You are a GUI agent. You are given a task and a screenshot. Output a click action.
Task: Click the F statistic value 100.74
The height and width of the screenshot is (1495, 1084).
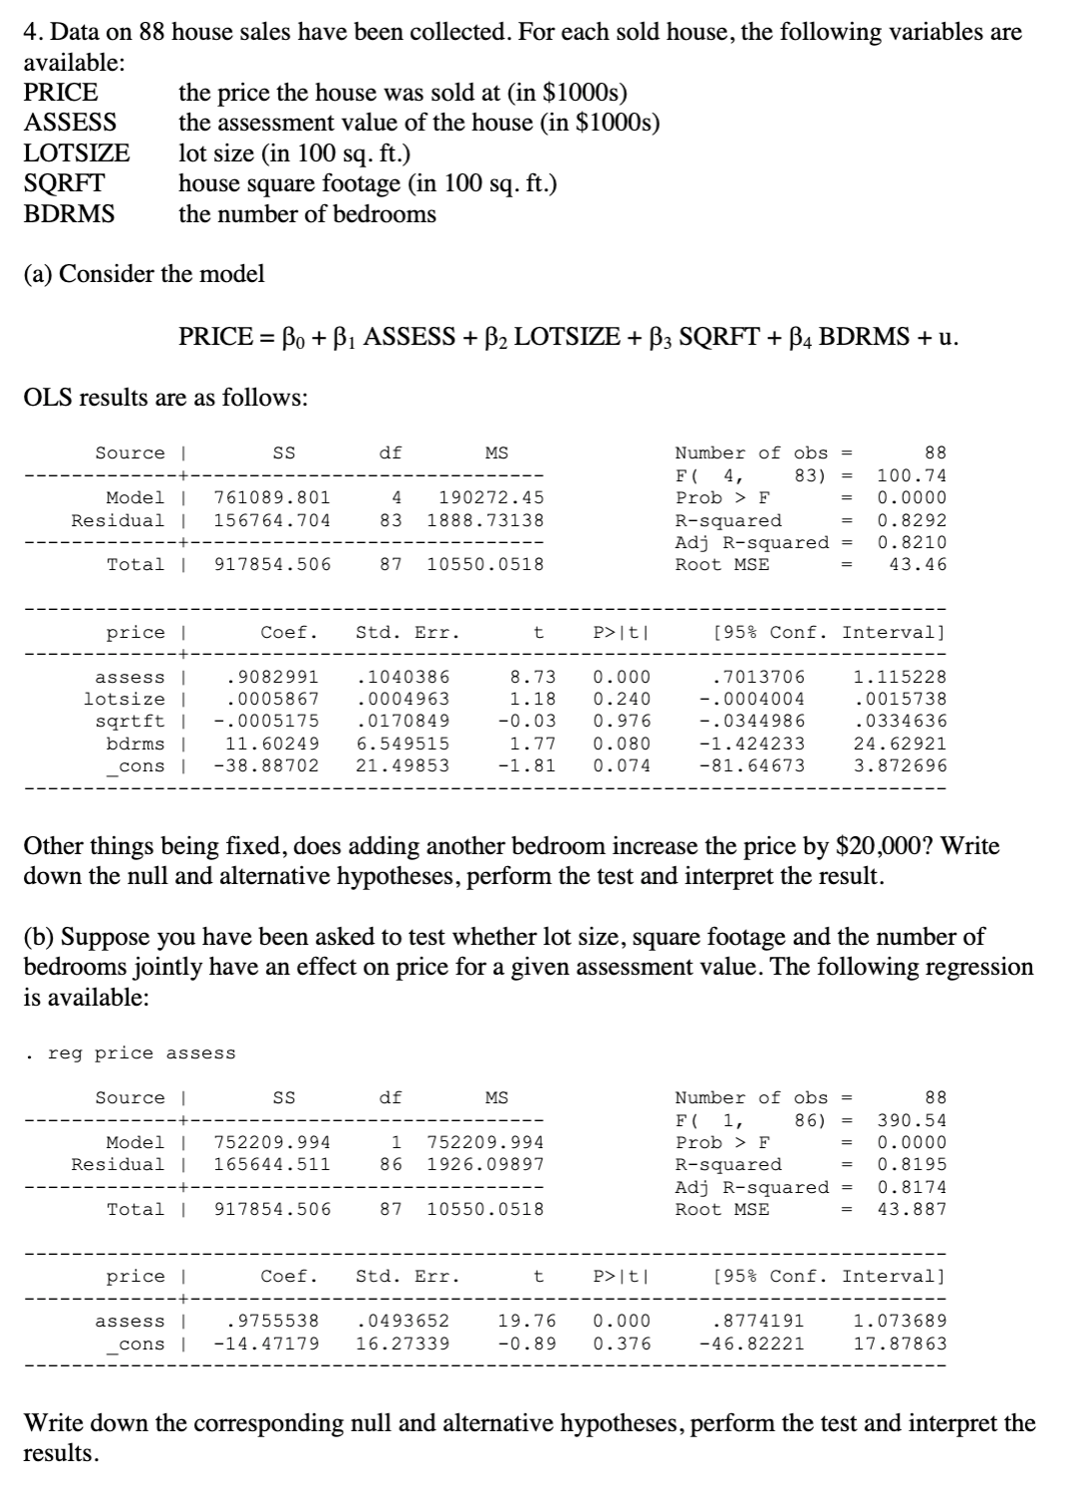pyautogui.click(x=911, y=475)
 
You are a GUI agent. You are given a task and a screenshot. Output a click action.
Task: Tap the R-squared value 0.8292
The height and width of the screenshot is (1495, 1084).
pyautogui.click(x=911, y=520)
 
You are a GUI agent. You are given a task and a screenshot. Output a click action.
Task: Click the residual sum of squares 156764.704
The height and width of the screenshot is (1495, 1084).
pyautogui.click(x=272, y=520)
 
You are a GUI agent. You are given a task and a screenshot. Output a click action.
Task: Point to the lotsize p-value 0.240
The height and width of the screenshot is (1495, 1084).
pyautogui.click(x=622, y=700)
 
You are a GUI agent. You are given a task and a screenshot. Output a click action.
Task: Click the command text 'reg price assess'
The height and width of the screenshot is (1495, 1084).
pyautogui.click(x=140, y=1053)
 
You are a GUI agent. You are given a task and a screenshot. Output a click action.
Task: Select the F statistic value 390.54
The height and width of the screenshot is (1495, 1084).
pyautogui.click(x=911, y=1120)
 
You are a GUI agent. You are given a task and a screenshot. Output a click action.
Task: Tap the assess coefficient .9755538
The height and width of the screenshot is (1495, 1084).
pyautogui.click(x=272, y=1322)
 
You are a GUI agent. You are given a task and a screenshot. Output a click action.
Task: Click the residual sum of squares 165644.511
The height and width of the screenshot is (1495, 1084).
pyautogui.click(x=272, y=1165)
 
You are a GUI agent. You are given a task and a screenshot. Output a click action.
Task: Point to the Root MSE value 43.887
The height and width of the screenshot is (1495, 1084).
pyautogui.click(x=911, y=1210)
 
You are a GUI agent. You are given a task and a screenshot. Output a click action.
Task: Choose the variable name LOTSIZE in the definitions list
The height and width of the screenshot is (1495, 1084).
pyautogui.click(x=77, y=153)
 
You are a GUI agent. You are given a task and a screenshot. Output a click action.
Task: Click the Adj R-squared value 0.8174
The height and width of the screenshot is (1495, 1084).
pyautogui.click(x=911, y=1187)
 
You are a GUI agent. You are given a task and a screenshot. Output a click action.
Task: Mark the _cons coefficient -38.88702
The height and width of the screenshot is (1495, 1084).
pyautogui.click(x=266, y=766)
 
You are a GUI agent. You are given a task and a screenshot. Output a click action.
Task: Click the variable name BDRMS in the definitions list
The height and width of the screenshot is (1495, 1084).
pyautogui.click(x=69, y=214)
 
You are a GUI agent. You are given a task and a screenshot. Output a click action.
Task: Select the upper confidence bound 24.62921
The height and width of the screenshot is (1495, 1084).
pyautogui.click(x=900, y=744)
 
